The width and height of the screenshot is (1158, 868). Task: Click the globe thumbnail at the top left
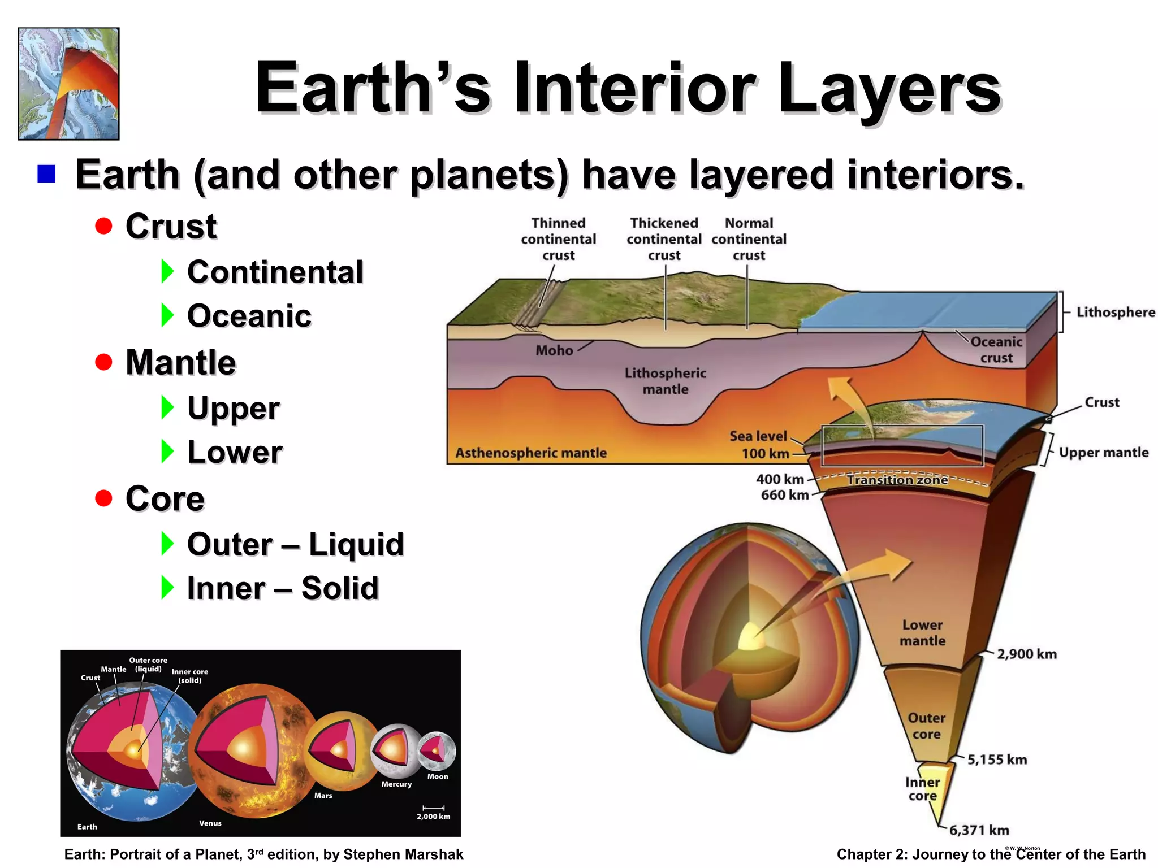[68, 84]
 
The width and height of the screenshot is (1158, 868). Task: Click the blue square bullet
[46, 174]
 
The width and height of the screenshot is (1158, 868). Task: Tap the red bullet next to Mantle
[103, 362]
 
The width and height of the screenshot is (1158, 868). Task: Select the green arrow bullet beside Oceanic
[167, 315]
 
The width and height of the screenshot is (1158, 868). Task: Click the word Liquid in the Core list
[356, 544]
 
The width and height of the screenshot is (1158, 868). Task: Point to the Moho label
[554, 350]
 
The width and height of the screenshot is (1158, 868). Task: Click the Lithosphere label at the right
[1115, 312]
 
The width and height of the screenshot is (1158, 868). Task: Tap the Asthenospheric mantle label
[531, 453]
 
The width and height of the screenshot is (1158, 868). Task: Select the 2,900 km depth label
[1026, 654]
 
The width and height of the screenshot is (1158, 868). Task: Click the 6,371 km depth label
[979, 830]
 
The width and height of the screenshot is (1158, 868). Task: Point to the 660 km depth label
[784, 495]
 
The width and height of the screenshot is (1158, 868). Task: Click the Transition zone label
[897, 480]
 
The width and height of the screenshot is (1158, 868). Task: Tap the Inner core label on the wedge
[922, 789]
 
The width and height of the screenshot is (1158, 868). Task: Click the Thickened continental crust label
[664, 239]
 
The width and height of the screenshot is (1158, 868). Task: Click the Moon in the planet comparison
[437, 750]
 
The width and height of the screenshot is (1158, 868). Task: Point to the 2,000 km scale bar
[434, 808]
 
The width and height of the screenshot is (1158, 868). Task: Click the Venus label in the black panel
[210, 823]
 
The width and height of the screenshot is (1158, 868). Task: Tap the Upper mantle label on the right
[1103, 452]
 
